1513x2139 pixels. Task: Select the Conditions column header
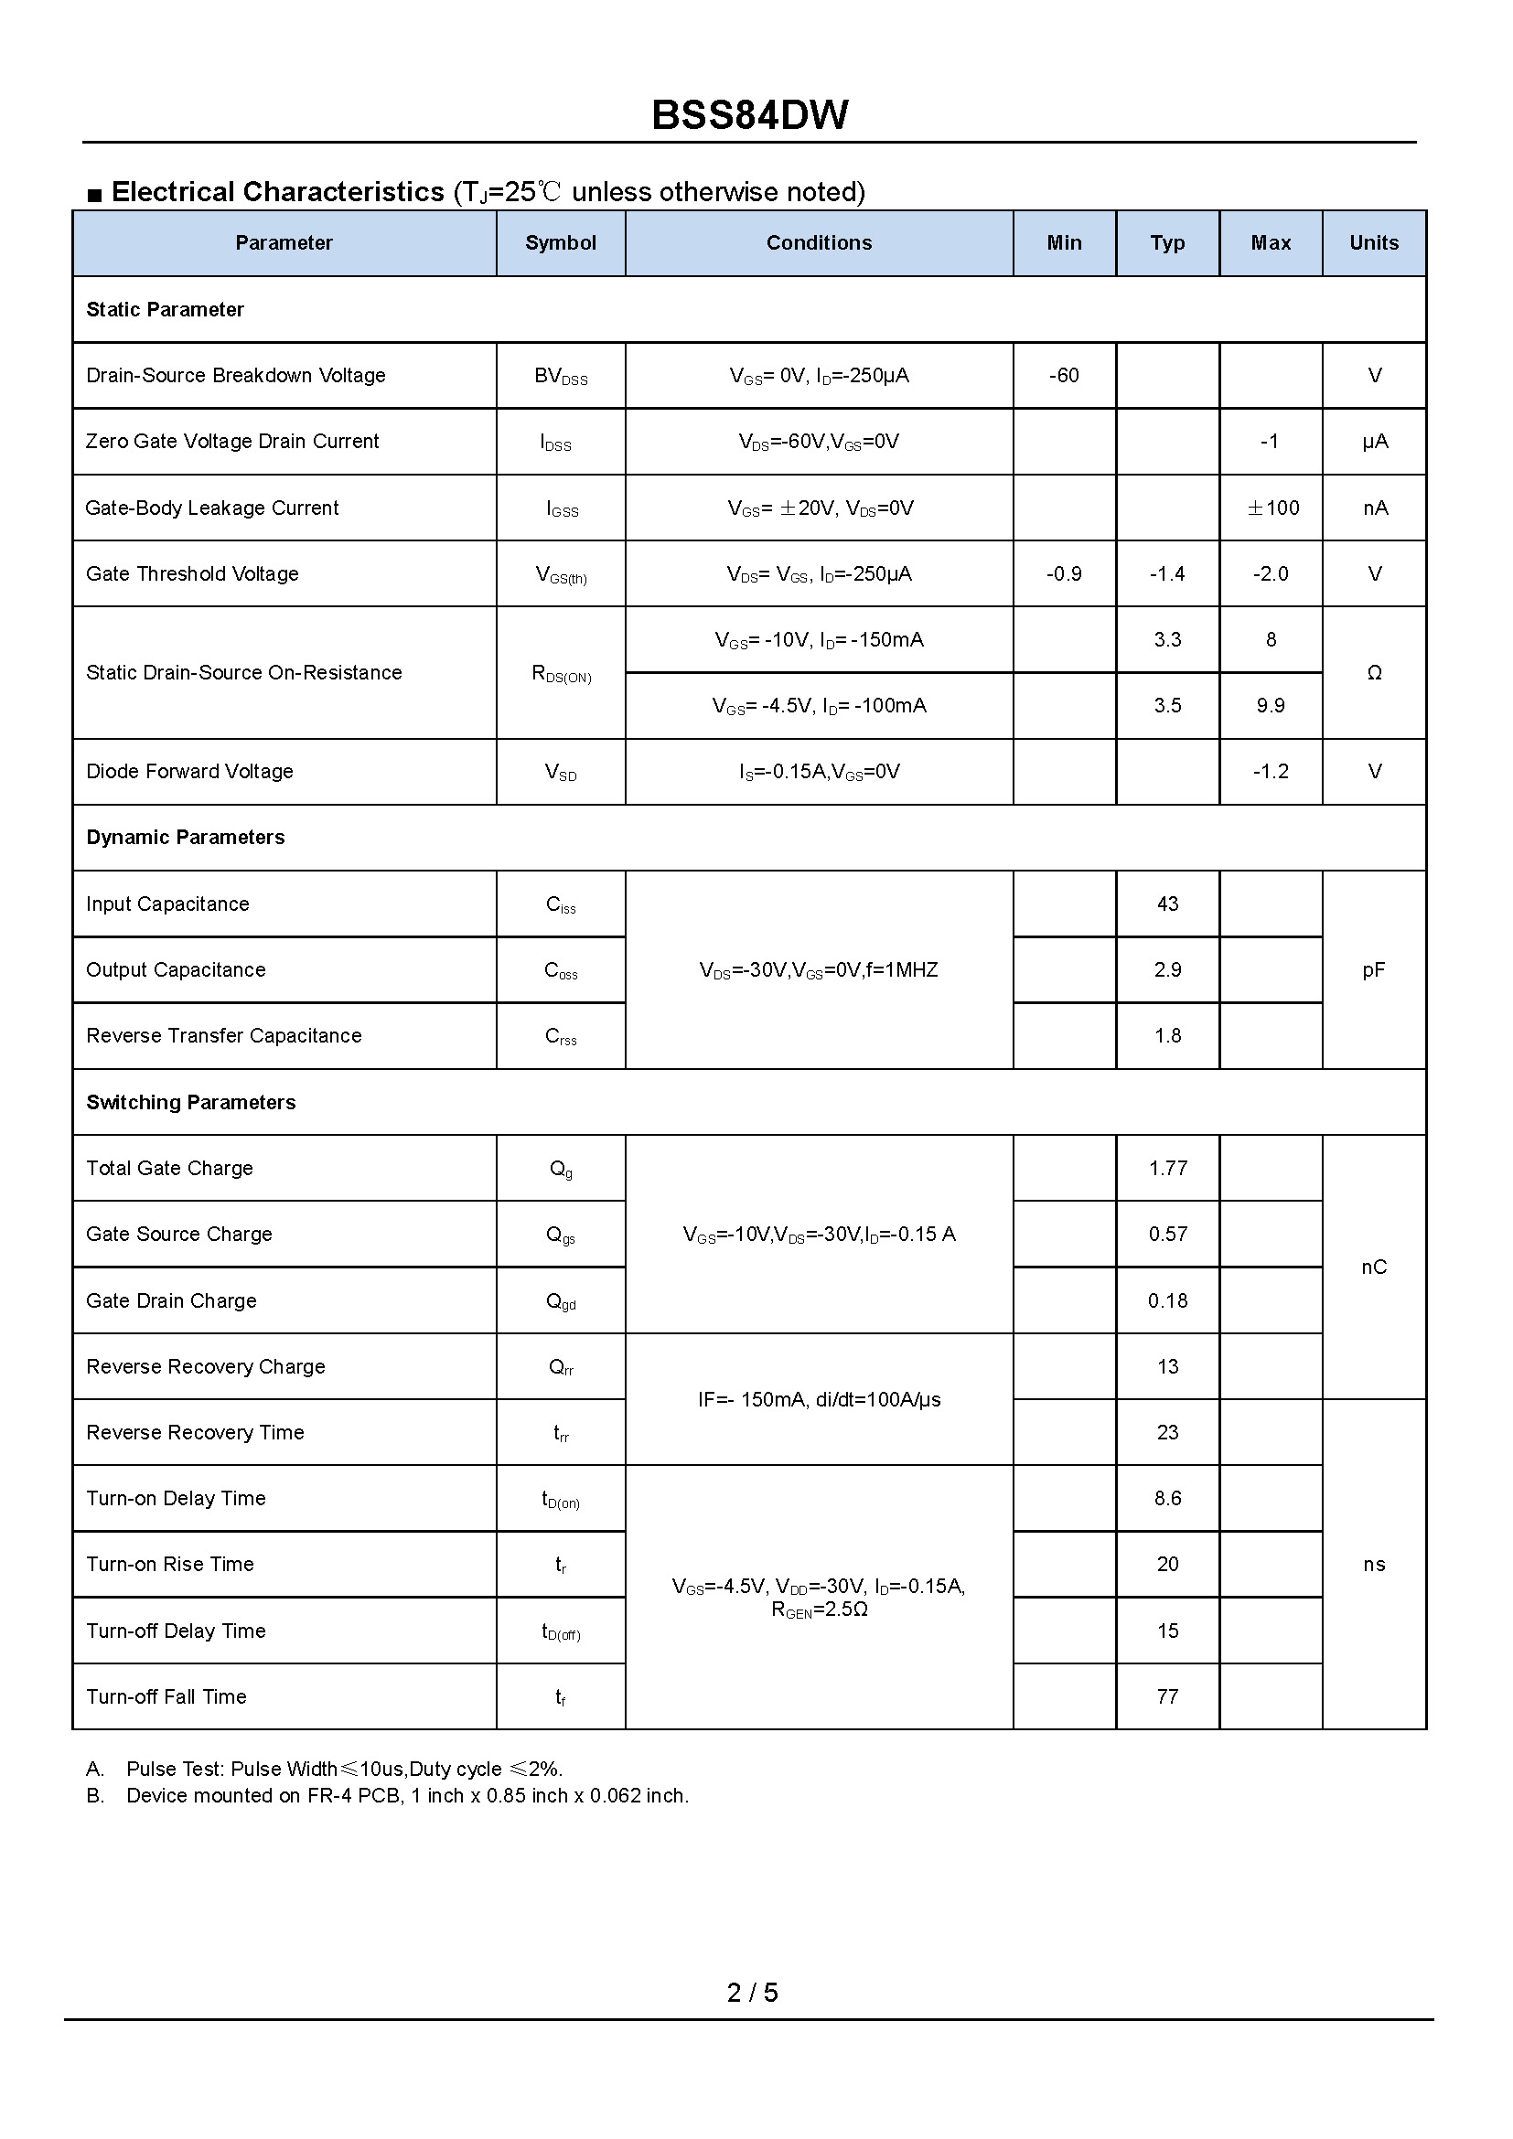click(x=819, y=243)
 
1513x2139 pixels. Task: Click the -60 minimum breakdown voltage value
click(x=1063, y=376)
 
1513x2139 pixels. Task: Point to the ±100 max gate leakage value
click(x=1272, y=508)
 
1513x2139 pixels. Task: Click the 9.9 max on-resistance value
click(x=1270, y=706)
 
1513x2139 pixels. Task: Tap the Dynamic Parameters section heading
click(x=186, y=838)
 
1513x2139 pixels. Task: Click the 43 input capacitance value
click(x=1167, y=904)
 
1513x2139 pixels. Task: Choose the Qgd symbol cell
click(x=561, y=1301)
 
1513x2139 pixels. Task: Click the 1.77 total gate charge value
click(x=1167, y=1168)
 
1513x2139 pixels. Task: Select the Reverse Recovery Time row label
click(x=195, y=1433)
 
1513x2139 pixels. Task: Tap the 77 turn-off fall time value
click(x=1167, y=1696)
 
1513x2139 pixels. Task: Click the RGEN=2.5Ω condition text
click(x=819, y=1610)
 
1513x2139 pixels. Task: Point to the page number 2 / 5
click(x=752, y=1992)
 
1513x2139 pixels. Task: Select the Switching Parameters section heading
click(x=191, y=1102)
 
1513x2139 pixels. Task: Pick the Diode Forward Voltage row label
click(x=189, y=772)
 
